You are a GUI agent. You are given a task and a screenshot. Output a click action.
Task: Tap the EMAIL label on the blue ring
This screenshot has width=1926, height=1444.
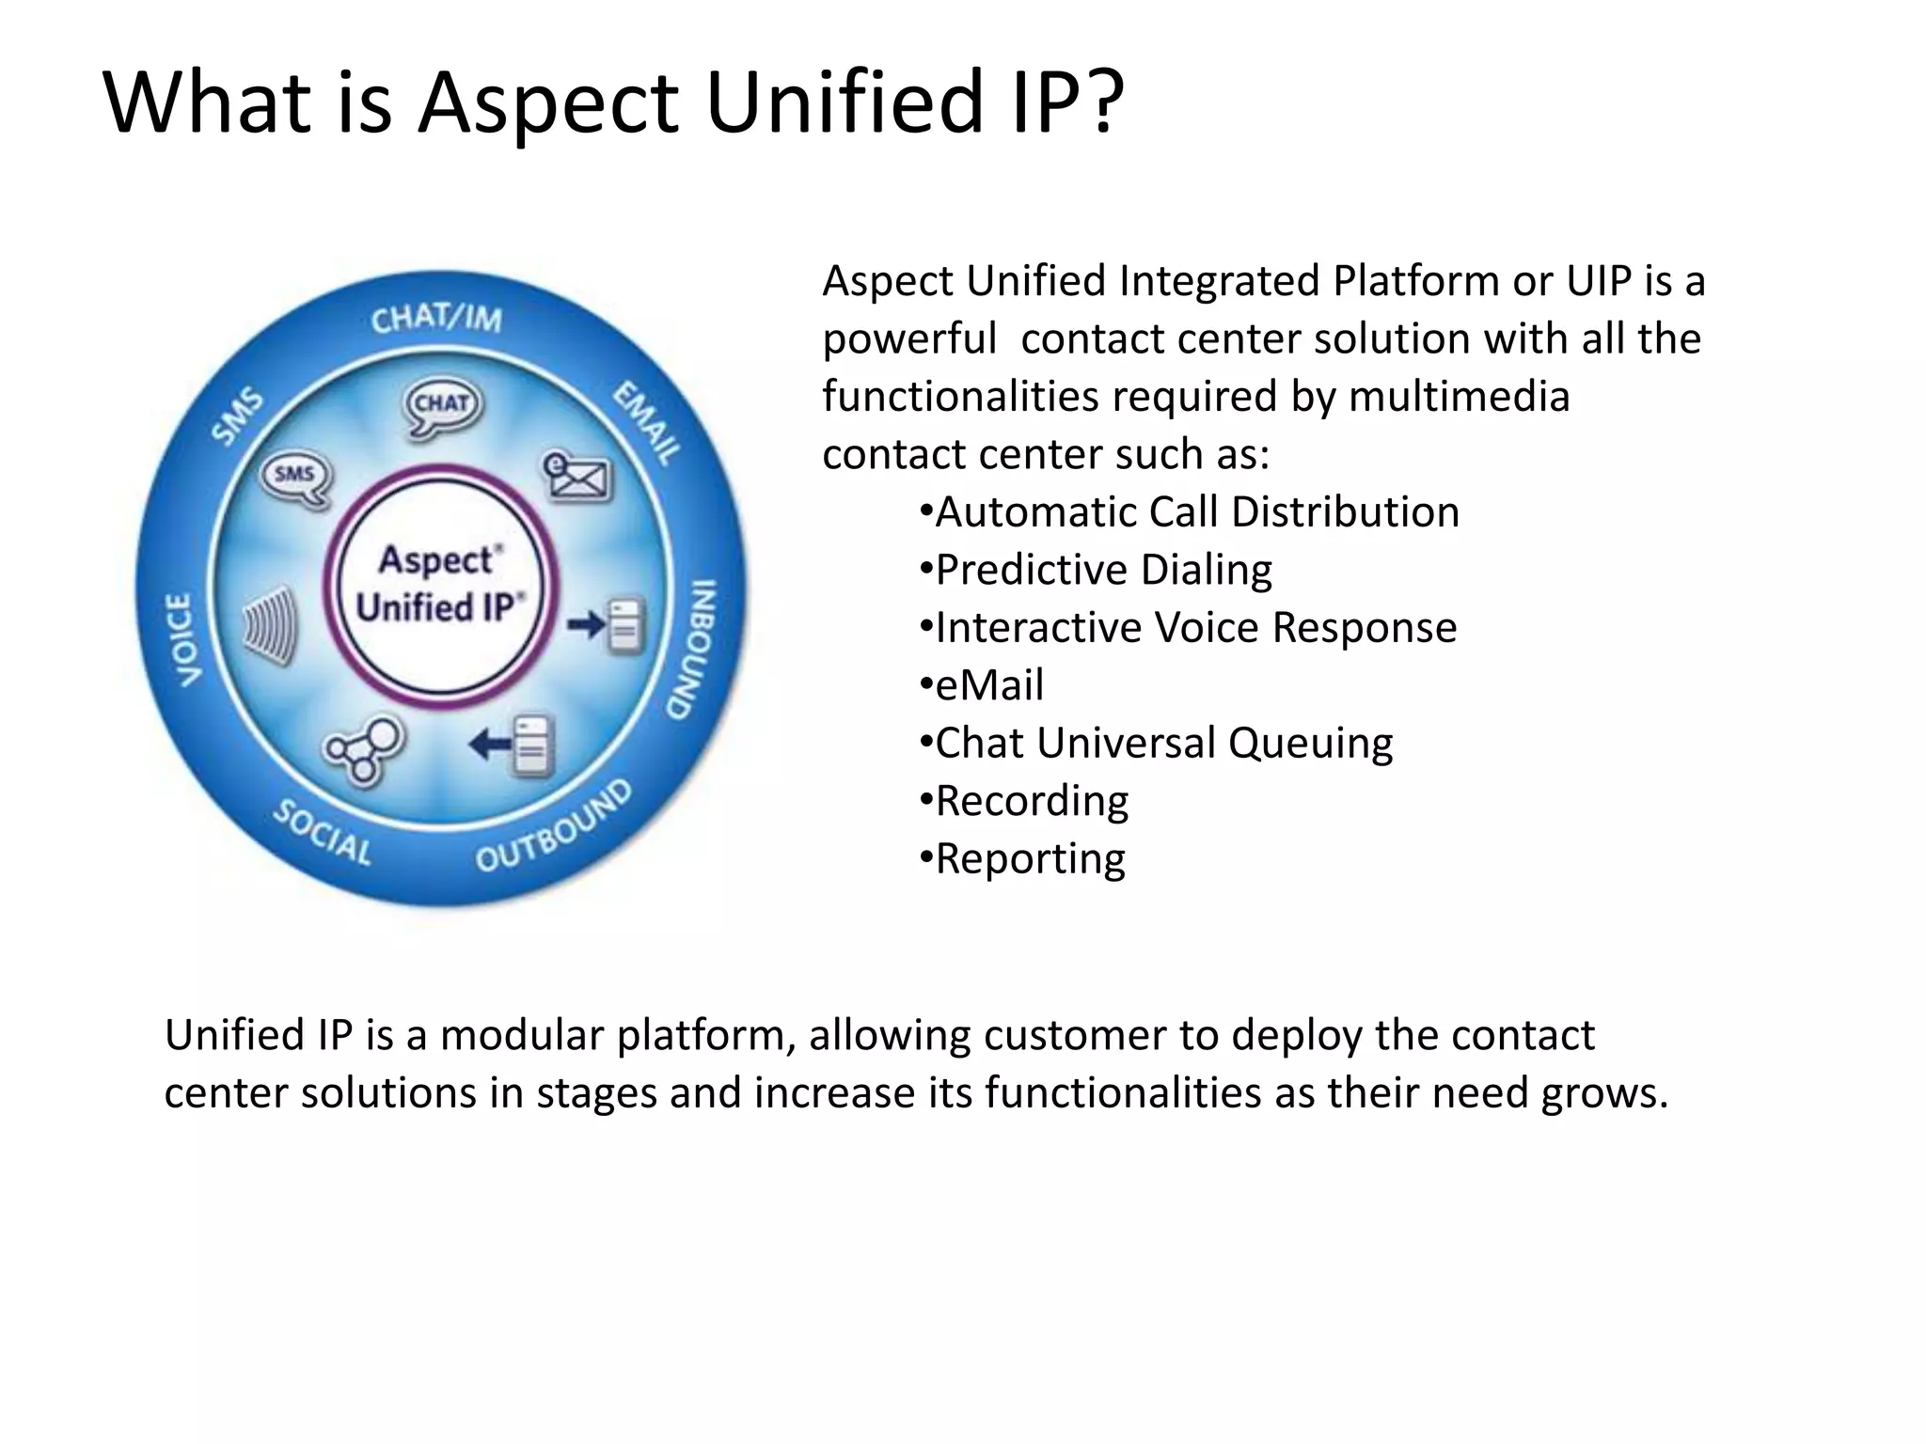pos(647,423)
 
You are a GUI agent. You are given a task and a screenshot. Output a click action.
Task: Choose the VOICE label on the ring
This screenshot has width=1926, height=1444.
pos(182,639)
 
